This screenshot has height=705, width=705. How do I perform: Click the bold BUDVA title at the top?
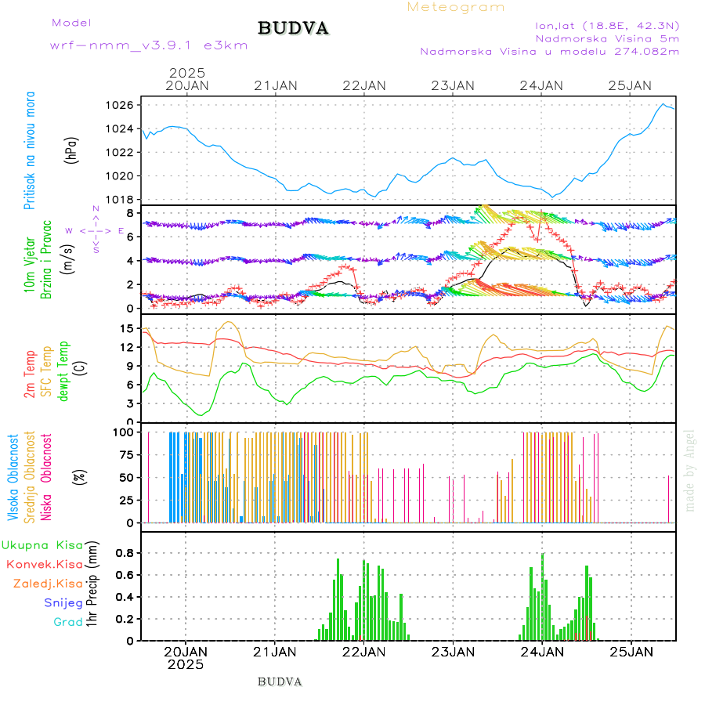tap(293, 28)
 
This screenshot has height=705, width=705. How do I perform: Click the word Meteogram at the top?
tap(456, 7)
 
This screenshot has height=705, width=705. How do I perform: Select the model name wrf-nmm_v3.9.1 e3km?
tap(149, 45)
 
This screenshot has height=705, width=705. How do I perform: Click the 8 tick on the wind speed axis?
tap(134, 213)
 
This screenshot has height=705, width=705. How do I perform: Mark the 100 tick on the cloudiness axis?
tap(126, 432)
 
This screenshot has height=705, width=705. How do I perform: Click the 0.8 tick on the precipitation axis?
tap(125, 552)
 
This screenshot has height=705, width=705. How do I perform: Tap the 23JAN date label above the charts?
tap(454, 85)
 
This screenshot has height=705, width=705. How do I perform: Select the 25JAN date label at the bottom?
tap(631, 651)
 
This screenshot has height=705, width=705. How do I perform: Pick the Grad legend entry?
tap(68, 622)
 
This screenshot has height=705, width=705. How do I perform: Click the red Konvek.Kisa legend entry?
tap(44, 564)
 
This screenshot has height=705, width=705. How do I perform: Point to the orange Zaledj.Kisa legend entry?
tap(48, 584)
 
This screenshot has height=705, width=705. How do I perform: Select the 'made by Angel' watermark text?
tap(690, 470)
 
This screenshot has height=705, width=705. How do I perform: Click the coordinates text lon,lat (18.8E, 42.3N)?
tap(607, 24)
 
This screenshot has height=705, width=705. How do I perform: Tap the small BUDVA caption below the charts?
tap(280, 681)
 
